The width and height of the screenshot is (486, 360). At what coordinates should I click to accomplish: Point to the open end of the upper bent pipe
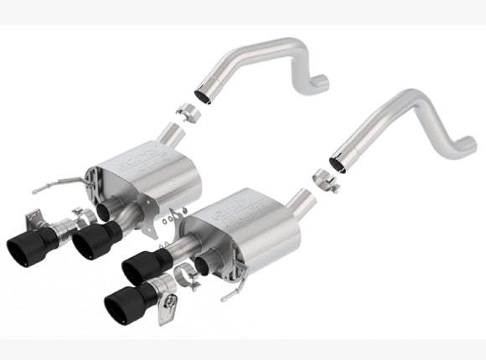205,87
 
